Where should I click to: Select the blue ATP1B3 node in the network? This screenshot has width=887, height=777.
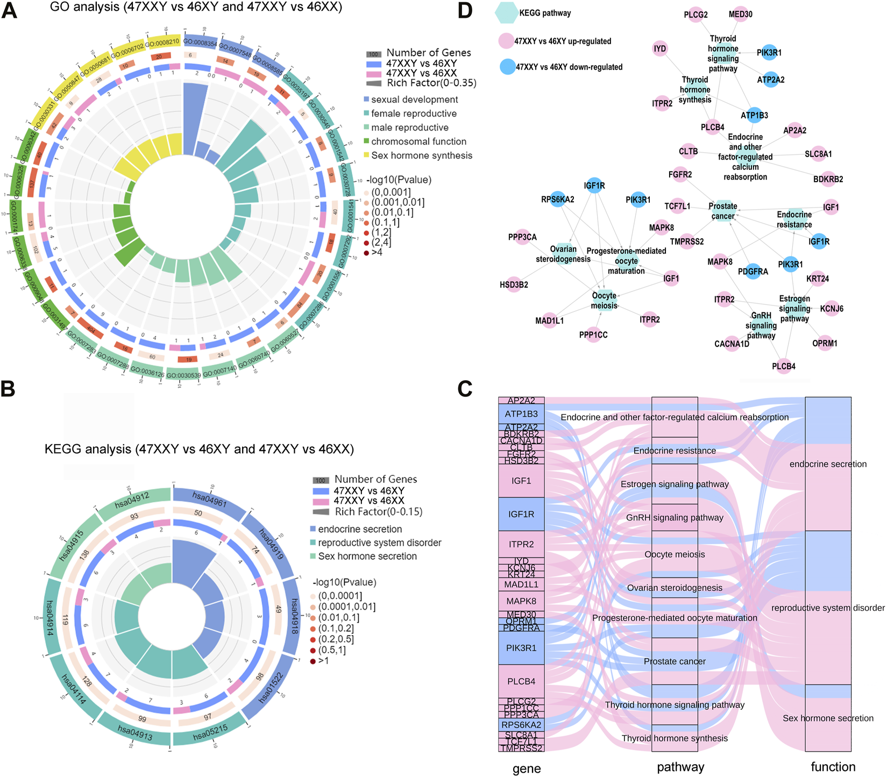[755, 116]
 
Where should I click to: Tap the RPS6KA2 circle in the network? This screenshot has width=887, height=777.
[558, 199]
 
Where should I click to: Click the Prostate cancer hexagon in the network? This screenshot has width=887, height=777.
[722, 211]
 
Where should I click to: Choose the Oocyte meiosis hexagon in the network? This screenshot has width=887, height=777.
[604, 301]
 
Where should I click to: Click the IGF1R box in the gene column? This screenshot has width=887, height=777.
[521, 514]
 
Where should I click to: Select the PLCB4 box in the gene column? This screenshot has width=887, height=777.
[521, 681]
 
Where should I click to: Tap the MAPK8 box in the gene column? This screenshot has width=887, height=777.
[521, 601]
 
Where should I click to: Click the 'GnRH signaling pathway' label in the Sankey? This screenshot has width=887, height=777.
[675, 518]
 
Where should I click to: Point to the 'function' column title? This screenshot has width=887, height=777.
[833, 767]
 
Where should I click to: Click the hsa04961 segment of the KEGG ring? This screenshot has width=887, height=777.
[210, 501]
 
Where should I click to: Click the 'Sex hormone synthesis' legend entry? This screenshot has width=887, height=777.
[422, 155]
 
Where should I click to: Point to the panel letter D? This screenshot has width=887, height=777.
[465, 11]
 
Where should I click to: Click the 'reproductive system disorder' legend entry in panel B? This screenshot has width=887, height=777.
[379, 543]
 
